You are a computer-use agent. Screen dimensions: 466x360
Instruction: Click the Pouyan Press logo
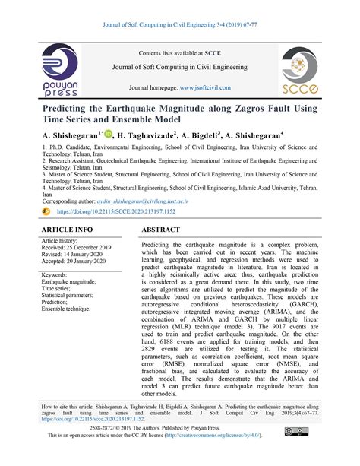tap(59, 74)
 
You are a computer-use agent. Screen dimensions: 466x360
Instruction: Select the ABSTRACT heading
tap(166, 229)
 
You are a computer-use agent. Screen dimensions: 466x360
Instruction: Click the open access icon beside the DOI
tap(46, 211)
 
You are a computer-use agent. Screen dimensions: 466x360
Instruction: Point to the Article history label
tap(62, 241)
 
